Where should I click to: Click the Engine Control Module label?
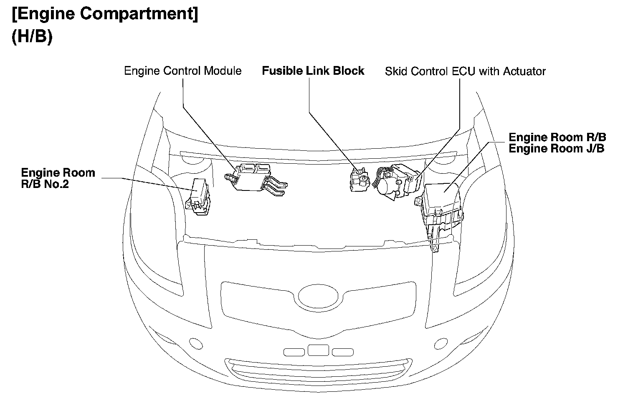183,71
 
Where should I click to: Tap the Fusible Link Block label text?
313,71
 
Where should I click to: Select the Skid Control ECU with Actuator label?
465,71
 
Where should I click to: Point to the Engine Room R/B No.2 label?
58,178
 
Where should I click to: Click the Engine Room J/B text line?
556,149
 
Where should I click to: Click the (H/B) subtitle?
32,37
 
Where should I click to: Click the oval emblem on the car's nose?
319,296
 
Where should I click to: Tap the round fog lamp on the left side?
195,343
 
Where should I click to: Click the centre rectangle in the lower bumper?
318,350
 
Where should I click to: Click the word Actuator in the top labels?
524,71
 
